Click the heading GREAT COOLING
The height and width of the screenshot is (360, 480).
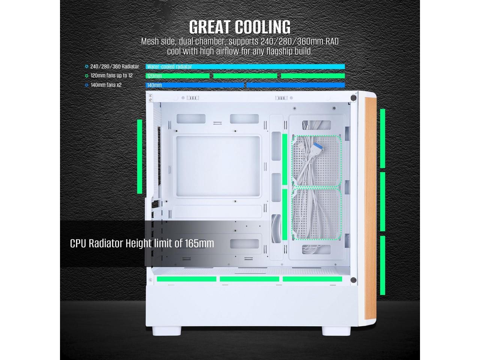240,27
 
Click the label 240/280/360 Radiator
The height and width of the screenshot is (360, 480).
114,67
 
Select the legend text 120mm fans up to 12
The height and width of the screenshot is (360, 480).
111,76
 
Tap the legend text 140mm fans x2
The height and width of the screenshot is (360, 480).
106,85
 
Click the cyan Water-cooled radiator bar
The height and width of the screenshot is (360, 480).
245,67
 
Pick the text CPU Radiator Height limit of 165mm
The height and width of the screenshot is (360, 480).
142,243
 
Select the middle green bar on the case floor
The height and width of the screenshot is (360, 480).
249,279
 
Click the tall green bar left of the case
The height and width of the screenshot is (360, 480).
140,156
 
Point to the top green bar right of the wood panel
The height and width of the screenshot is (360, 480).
383,138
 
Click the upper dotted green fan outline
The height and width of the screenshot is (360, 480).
316,160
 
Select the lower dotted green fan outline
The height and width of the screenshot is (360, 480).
316,213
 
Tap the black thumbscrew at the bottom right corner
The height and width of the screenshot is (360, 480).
353,279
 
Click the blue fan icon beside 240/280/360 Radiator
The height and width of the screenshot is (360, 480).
87,67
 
